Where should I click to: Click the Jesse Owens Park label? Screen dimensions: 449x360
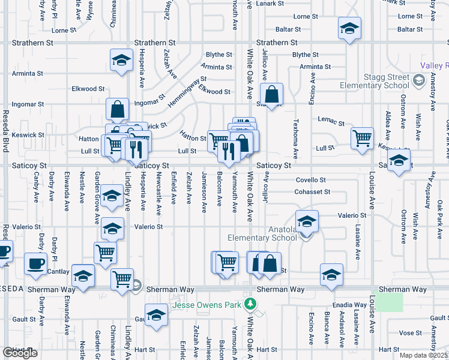click(207, 305)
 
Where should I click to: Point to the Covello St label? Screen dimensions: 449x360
click(310, 180)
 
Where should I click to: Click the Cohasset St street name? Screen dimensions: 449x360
click(312, 192)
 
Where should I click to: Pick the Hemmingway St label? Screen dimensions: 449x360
click(187, 92)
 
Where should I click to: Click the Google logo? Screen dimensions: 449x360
click(20, 353)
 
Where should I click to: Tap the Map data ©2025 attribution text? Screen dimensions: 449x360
click(424, 355)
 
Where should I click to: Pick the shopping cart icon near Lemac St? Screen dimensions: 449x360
click(363, 138)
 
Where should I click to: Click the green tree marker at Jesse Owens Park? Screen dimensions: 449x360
click(251, 305)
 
